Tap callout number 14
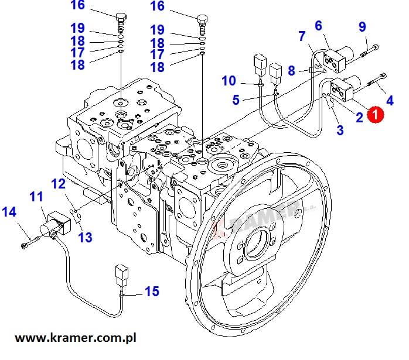pyautogui.click(x=9, y=212)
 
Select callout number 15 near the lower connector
pyautogui.click(x=152, y=292)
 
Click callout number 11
pyautogui.click(x=36, y=197)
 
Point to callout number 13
pyautogui.click(x=86, y=237)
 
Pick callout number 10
pyautogui.click(x=229, y=81)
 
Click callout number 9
pyautogui.click(x=362, y=26)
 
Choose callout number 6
pyautogui.click(x=319, y=26)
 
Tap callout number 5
pyautogui.click(x=236, y=100)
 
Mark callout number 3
pyautogui.click(x=340, y=130)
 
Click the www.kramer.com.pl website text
pyautogui.click(x=76, y=338)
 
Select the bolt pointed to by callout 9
pyautogui.click(x=370, y=51)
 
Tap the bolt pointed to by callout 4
pyautogui.click(x=377, y=80)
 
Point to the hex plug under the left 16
pyautogui.click(x=121, y=23)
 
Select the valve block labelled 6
pyautogui.click(x=338, y=59)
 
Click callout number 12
pyautogui.click(x=58, y=184)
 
